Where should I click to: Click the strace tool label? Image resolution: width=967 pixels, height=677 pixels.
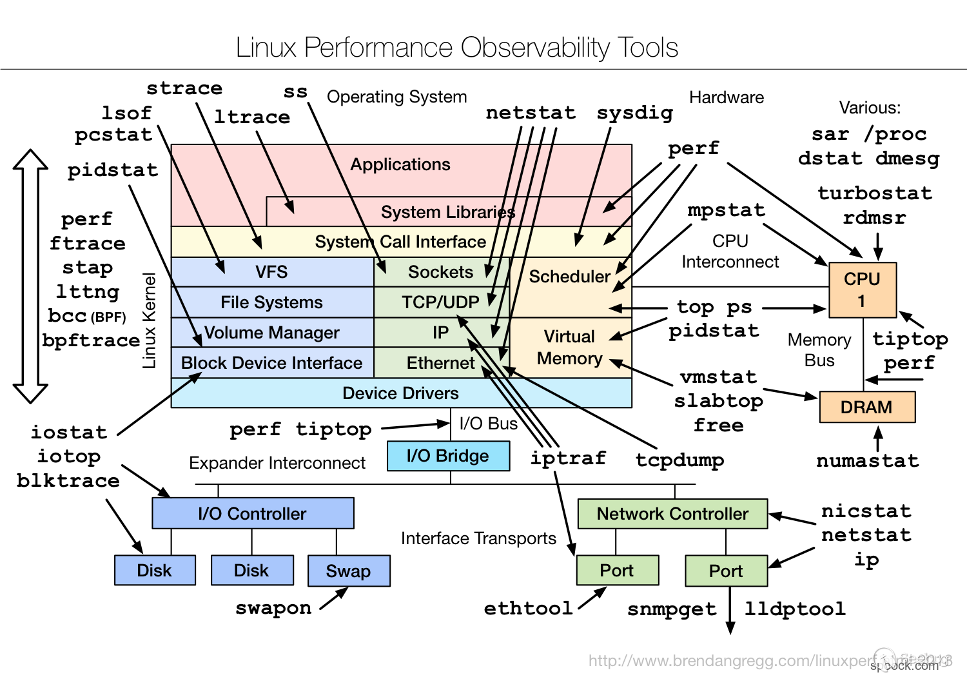tap(184, 88)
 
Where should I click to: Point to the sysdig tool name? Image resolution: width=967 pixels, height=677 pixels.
tap(635, 113)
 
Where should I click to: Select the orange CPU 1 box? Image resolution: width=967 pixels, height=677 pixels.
tap(862, 289)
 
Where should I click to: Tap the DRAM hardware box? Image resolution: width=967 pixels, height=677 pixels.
tap(866, 407)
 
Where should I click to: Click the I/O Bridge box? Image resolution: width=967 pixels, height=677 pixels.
tap(448, 456)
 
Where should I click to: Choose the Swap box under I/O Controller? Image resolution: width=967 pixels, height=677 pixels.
tap(348, 571)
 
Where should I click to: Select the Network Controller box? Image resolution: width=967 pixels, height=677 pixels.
tap(672, 514)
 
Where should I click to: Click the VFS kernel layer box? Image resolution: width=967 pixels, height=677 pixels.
tap(272, 272)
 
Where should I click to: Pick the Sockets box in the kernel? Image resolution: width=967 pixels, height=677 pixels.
tap(441, 272)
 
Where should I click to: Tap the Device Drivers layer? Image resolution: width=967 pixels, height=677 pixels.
tap(400, 393)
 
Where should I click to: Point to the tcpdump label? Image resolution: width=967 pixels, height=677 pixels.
tap(679, 460)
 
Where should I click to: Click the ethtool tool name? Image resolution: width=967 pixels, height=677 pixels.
tap(528, 608)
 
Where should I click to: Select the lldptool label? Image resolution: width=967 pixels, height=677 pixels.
tap(794, 609)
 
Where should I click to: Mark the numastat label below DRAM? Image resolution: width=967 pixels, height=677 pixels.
tap(867, 461)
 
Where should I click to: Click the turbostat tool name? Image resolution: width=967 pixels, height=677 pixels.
tap(874, 193)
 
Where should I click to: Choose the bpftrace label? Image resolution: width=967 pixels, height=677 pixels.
tap(91, 340)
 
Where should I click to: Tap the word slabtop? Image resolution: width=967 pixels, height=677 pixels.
tap(718, 401)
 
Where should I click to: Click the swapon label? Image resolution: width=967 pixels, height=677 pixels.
tap(273, 608)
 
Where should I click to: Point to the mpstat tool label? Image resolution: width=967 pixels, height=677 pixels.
tap(726, 210)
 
